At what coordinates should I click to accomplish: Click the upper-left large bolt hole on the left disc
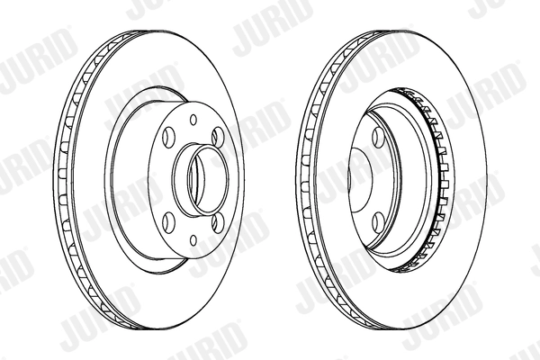(x=169, y=135)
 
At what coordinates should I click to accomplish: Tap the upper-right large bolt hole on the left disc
(x=219, y=136)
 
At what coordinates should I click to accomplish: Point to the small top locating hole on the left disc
(x=193, y=120)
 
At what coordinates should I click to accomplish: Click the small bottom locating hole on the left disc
(x=193, y=240)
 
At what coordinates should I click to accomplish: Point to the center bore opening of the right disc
(x=360, y=179)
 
